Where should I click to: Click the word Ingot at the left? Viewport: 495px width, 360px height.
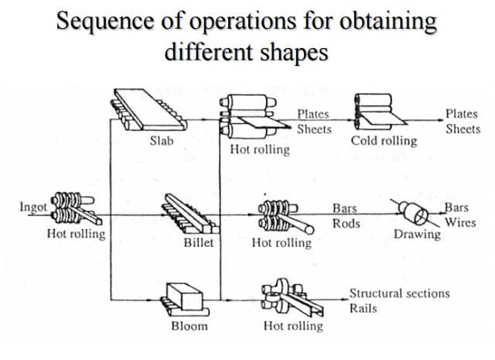(x=33, y=207)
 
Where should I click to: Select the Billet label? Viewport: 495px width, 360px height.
(x=197, y=242)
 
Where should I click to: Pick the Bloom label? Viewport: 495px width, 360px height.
(x=189, y=326)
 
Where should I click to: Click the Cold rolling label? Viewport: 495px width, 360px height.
(x=384, y=141)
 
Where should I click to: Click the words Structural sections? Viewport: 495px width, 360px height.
(x=399, y=294)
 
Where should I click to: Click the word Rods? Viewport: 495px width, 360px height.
(x=346, y=222)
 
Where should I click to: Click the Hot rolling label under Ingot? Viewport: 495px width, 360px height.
(x=76, y=234)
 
